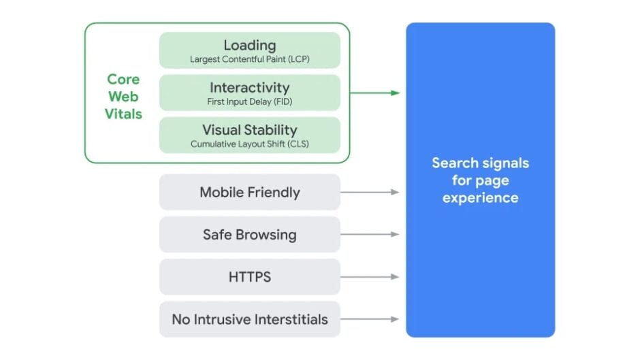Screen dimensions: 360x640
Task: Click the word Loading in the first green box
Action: [249, 46]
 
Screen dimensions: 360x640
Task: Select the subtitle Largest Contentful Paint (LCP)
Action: [249, 59]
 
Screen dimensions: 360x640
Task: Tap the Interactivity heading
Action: [249, 88]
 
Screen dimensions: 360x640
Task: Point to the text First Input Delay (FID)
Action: [249, 101]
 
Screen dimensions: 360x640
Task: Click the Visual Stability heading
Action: [249, 130]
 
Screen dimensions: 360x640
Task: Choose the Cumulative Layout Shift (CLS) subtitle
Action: [249, 144]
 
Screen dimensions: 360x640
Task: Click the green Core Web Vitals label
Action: [123, 97]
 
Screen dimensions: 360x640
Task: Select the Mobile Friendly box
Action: [249, 192]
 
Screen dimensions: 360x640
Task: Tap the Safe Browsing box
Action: [249, 235]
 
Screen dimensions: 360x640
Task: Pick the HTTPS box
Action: [249, 277]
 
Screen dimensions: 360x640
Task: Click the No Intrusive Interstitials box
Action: [249, 319]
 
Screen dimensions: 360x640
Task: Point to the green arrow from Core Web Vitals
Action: [374, 93]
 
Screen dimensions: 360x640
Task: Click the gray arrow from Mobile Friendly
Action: [369, 192]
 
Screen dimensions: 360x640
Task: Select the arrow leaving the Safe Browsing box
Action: [369, 235]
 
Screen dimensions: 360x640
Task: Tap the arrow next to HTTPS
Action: [369, 277]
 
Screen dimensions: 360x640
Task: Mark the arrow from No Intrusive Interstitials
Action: [369, 319]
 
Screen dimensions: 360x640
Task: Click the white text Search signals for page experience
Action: [480, 180]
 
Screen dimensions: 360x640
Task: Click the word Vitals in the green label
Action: [123, 114]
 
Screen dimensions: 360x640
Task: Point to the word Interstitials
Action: [289, 319]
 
